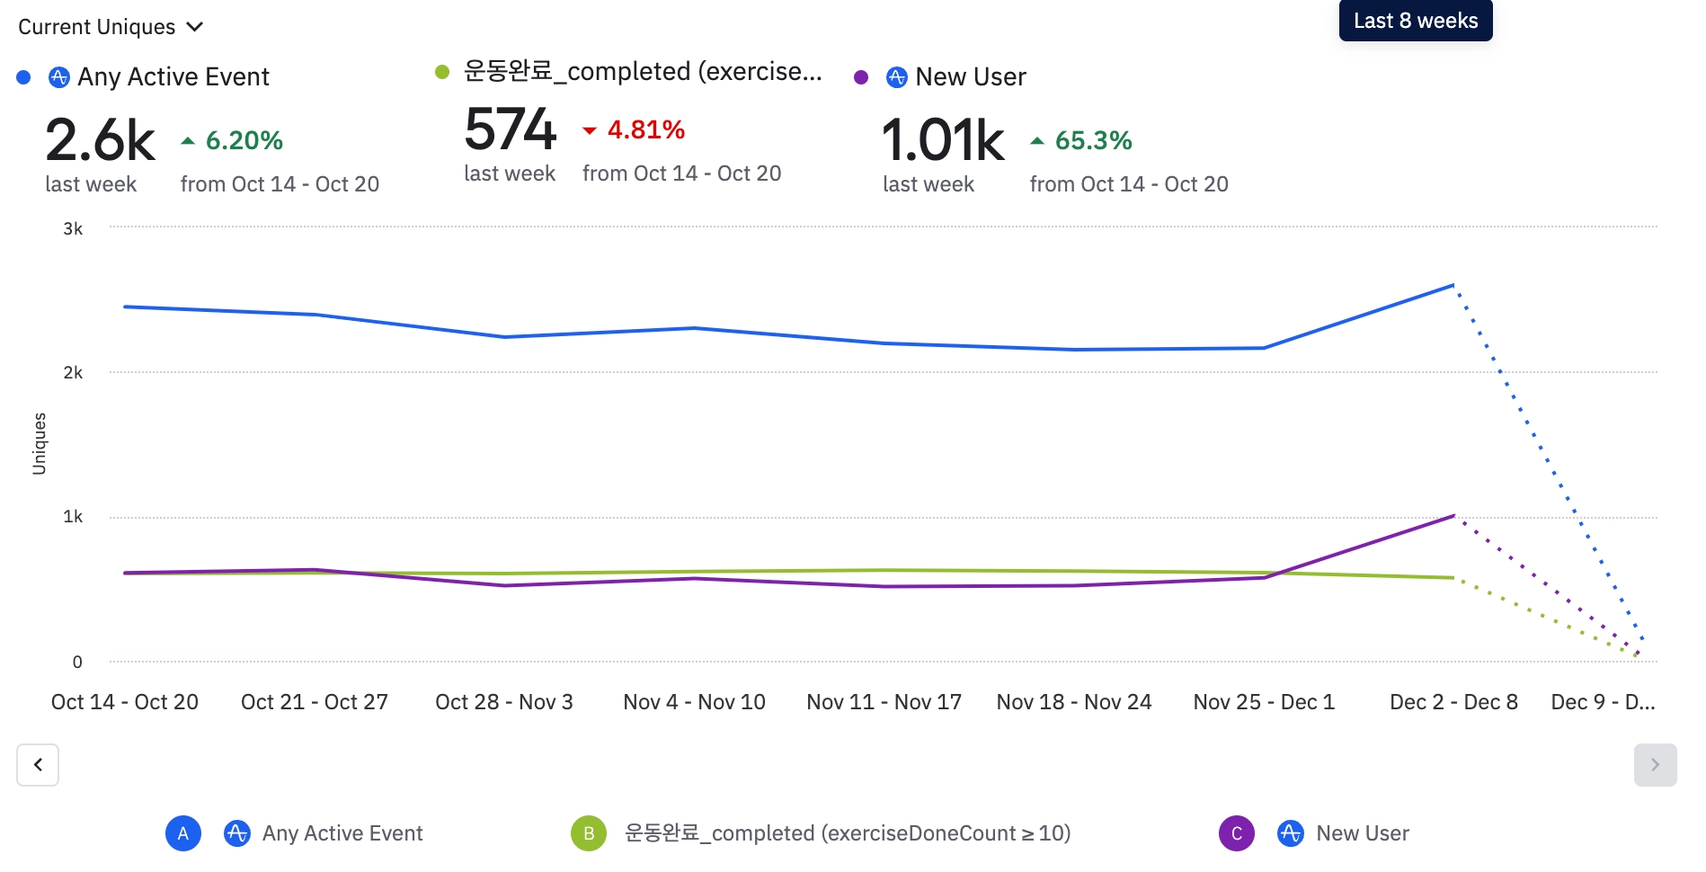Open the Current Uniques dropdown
point(111,27)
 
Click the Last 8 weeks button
point(1415,21)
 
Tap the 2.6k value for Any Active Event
point(100,140)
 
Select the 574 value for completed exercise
point(510,129)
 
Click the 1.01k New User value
point(942,140)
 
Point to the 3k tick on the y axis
point(73,228)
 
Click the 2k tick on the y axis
point(73,372)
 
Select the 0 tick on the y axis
point(77,662)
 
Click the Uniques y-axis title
point(39,443)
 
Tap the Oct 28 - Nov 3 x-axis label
point(503,702)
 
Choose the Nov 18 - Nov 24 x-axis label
point(1073,702)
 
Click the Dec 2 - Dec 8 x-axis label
point(1453,702)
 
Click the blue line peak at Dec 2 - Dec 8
point(1453,286)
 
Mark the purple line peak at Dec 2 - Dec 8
point(1453,516)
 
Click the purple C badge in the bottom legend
point(1236,833)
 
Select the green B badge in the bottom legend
point(589,833)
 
